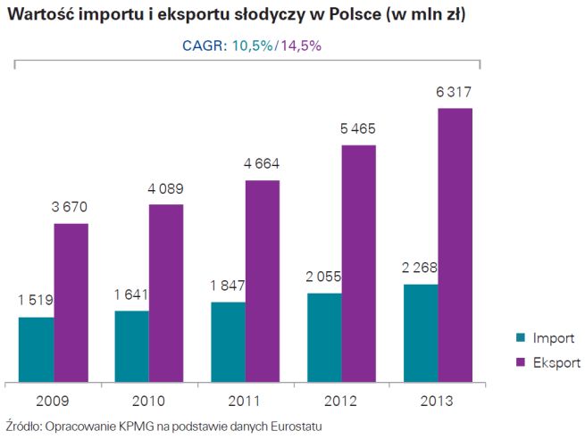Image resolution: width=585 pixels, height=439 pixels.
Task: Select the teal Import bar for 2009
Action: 37,348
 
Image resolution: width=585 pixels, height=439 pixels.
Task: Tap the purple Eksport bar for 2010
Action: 166,292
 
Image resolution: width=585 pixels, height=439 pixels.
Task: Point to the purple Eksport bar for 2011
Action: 263,280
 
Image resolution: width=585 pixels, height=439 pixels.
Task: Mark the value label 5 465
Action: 358,129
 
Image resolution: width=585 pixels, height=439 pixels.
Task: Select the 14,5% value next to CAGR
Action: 302,46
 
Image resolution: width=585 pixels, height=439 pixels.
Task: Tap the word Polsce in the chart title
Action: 348,15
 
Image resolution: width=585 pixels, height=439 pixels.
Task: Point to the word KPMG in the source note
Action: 128,427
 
